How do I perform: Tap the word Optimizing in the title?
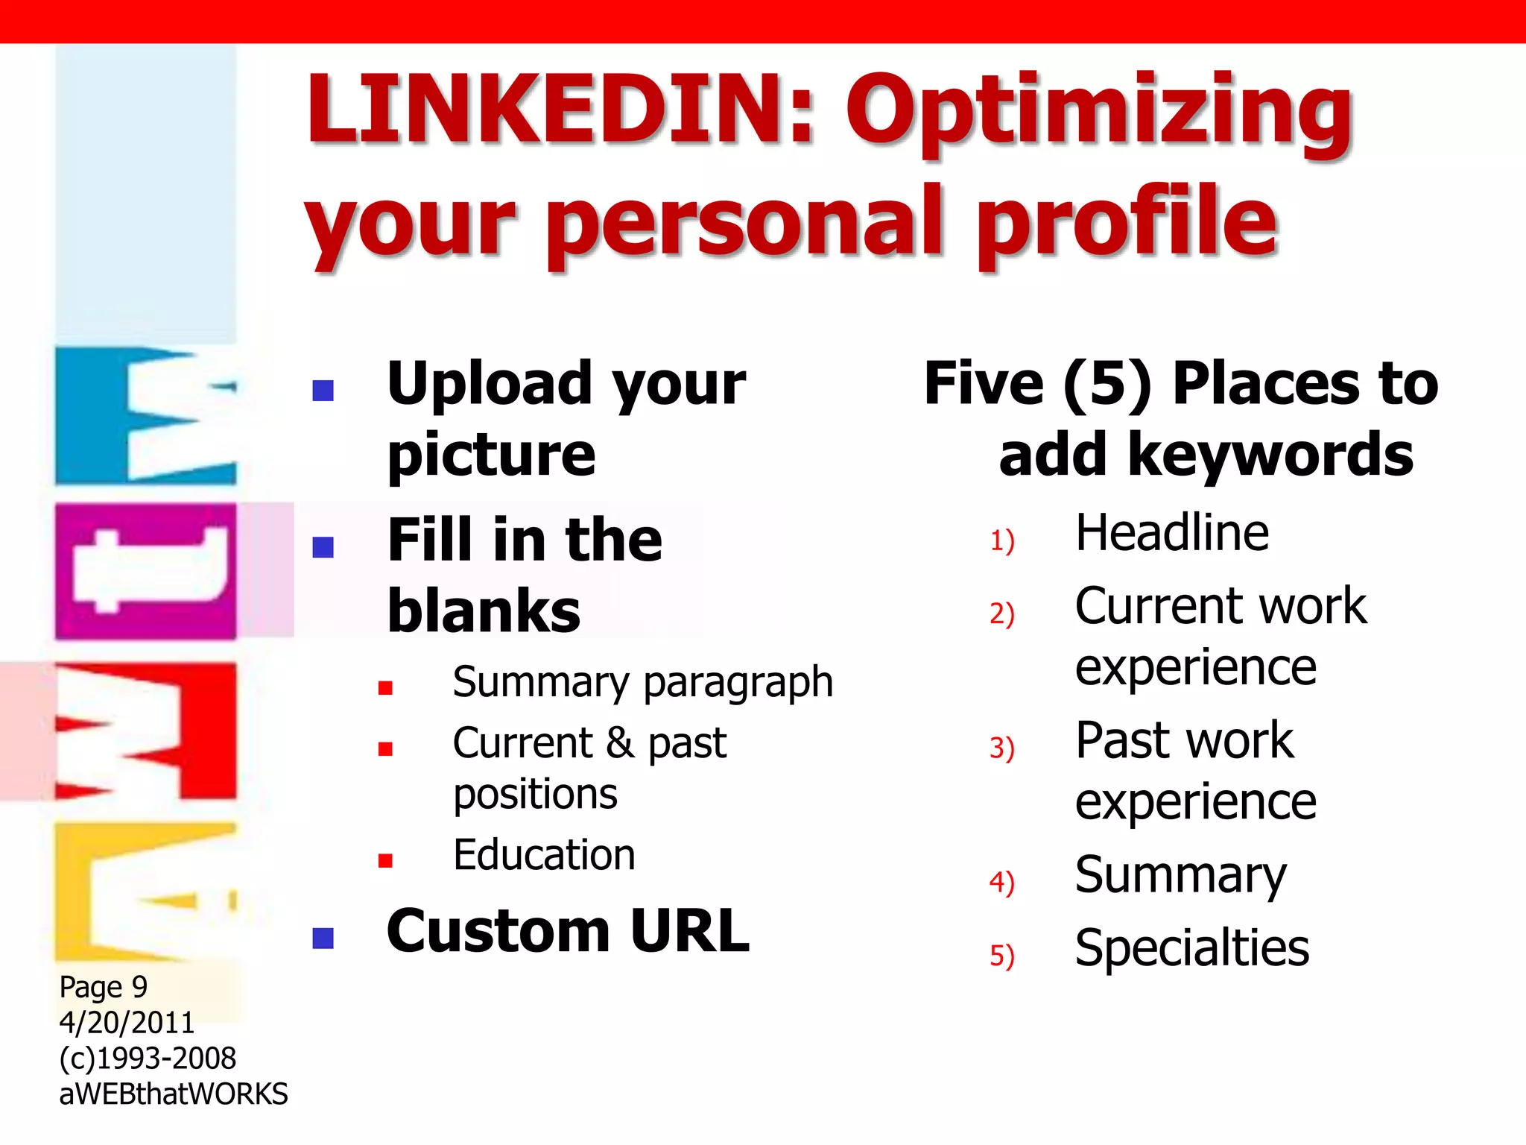coord(1099,116)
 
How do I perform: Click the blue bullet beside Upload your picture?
coord(323,390)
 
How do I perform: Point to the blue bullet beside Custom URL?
coord(323,938)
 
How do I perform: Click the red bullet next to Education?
coord(385,861)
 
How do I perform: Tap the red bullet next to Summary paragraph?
coord(385,687)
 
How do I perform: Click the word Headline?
coord(1172,534)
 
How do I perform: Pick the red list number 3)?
coord(1002,748)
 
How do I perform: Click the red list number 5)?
coord(1002,956)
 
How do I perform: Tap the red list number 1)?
coord(1002,540)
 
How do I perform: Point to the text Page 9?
coord(104,988)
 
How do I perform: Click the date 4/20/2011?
coord(127,1023)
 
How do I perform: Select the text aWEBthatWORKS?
coord(173,1094)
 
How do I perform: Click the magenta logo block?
coord(146,571)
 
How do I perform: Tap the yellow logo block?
coord(146,891)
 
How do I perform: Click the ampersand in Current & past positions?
coord(620,744)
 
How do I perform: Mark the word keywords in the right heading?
coord(1270,456)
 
